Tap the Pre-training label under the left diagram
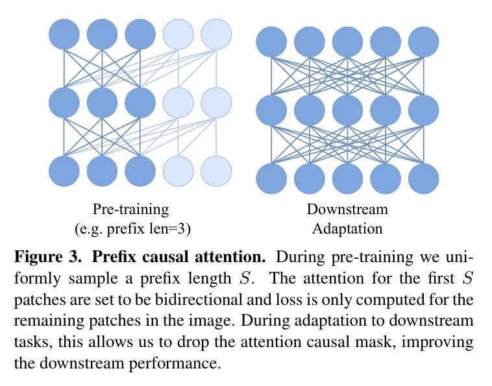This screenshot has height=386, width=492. [x=130, y=210]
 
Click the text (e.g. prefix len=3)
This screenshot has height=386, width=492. [x=130, y=228]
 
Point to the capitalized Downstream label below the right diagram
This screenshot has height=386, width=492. [x=347, y=210]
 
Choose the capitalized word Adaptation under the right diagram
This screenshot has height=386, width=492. [x=347, y=228]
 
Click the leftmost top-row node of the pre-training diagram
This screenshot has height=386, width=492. [x=64, y=34]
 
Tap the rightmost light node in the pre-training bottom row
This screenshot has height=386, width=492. [x=216, y=171]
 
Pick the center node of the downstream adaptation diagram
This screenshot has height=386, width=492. [x=348, y=110]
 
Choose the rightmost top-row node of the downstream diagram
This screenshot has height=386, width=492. [x=424, y=42]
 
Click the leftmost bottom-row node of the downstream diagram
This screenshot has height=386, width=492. [x=272, y=178]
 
